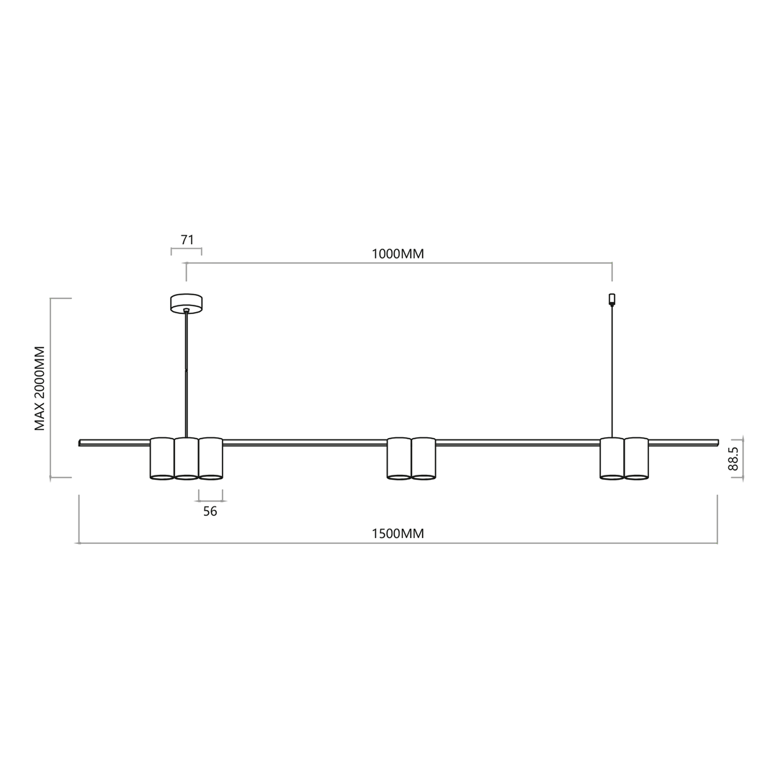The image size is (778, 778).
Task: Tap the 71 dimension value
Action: [187, 240]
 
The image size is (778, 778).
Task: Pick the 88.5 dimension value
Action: [733, 459]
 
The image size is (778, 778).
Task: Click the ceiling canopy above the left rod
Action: [186, 303]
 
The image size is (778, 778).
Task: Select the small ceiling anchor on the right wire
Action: [612, 299]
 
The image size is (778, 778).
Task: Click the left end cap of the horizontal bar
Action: [80, 443]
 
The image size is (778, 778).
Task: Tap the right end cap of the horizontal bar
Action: [717, 442]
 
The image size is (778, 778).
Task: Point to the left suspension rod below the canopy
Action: [186, 375]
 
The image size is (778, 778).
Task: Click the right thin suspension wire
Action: [612, 375]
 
